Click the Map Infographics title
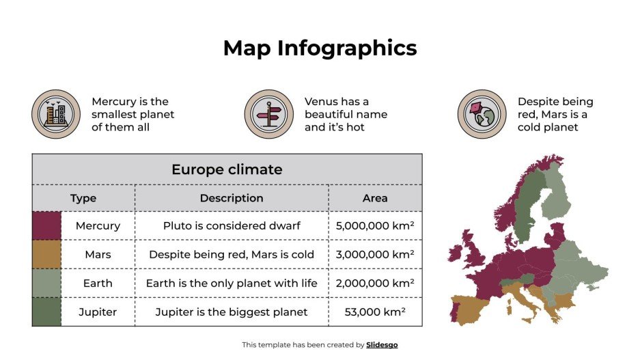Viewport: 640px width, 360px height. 320,48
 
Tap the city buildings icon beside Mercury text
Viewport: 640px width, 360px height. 56,114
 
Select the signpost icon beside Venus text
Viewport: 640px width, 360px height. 268,114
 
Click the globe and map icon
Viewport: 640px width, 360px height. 482,114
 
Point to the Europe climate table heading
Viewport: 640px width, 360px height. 227,169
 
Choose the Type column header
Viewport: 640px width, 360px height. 83,198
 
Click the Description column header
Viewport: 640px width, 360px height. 232,198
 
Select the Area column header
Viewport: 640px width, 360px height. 375,198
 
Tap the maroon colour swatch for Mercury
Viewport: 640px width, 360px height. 46,225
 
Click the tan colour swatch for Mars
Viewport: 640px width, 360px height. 46,254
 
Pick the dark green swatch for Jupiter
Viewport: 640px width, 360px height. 46,312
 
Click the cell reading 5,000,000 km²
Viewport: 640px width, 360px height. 375,225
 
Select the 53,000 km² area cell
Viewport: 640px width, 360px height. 375,312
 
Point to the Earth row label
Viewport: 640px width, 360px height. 98,283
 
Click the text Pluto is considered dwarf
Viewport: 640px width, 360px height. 232,225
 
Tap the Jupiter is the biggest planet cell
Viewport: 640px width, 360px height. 232,312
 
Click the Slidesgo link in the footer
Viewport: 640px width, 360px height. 382,345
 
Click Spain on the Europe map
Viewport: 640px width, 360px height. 471,307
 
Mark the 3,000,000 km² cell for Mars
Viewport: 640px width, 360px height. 375,254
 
